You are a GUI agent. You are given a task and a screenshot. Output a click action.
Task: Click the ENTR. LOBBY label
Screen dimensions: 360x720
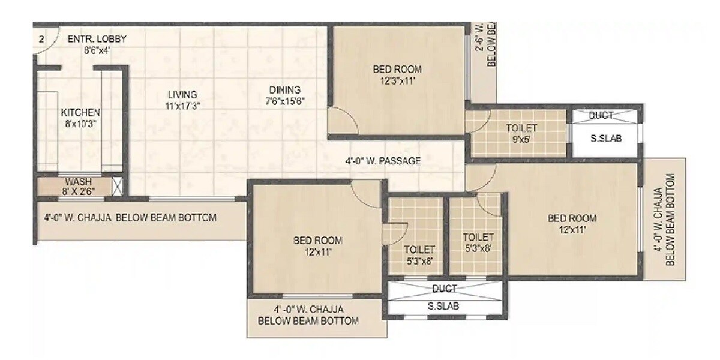(x=97, y=40)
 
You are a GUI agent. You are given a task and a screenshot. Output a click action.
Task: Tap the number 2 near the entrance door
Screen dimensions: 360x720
(x=41, y=40)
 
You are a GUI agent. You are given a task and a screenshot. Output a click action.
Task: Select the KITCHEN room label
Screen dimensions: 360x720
(x=80, y=112)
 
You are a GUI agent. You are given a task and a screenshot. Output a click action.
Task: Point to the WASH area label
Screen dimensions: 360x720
(x=77, y=181)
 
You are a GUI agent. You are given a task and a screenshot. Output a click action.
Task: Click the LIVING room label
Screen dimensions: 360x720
(x=182, y=95)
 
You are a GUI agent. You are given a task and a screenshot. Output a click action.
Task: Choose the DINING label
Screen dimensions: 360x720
(x=284, y=90)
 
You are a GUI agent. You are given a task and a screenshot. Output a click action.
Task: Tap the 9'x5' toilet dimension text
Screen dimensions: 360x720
(x=521, y=139)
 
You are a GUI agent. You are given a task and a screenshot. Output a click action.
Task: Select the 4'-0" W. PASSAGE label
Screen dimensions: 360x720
(x=383, y=161)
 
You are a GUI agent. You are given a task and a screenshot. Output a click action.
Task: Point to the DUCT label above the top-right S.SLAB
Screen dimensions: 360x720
(x=601, y=115)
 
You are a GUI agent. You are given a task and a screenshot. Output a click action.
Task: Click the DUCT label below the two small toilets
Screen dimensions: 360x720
(x=445, y=289)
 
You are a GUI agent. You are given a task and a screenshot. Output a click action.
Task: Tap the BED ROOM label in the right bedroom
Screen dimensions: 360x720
(x=572, y=218)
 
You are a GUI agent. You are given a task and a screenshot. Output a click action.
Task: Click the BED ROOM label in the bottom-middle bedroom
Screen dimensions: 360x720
(x=317, y=241)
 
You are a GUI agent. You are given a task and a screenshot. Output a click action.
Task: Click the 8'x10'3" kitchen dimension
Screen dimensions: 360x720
(x=80, y=124)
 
